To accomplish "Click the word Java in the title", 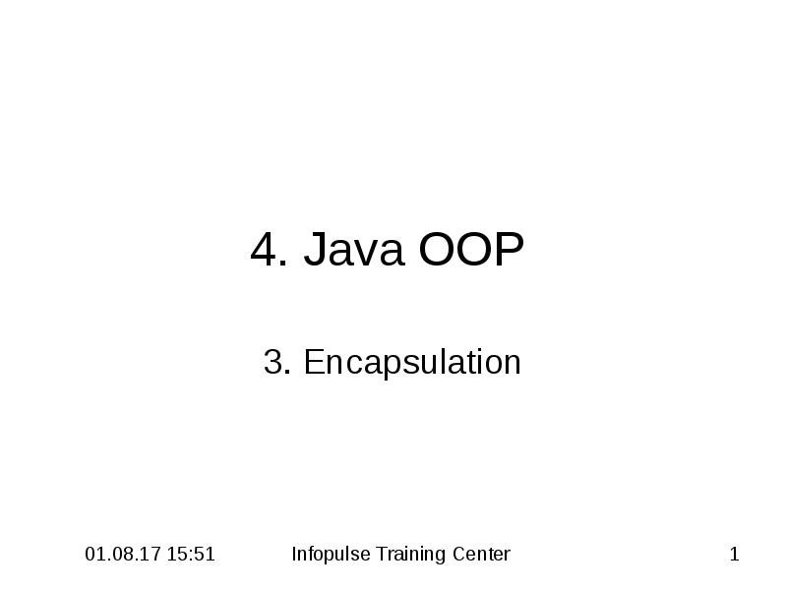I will (x=355, y=251).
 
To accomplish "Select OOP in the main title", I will (x=471, y=251).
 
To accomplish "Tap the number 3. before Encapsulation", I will (x=277, y=362).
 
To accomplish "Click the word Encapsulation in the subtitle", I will (x=412, y=363).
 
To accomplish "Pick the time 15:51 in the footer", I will (x=192, y=555).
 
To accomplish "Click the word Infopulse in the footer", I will (x=332, y=555).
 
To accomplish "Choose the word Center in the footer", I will (x=482, y=555).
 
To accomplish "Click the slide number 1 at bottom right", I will (x=734, y=555).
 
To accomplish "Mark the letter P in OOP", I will (x=510, y=251).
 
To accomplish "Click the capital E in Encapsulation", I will (x=314, y=362).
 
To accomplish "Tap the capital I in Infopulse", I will (x=294, y=555).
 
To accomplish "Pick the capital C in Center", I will (x=459, y=555).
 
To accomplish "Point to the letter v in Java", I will (x=362, y=254).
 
